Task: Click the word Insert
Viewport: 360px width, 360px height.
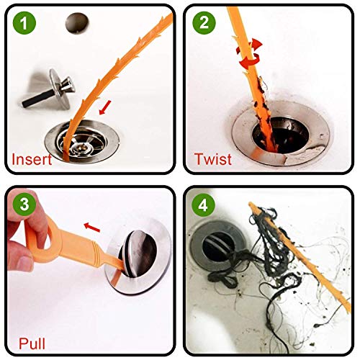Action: click(31, 159)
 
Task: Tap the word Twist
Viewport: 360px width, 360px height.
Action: click(213, 159)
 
